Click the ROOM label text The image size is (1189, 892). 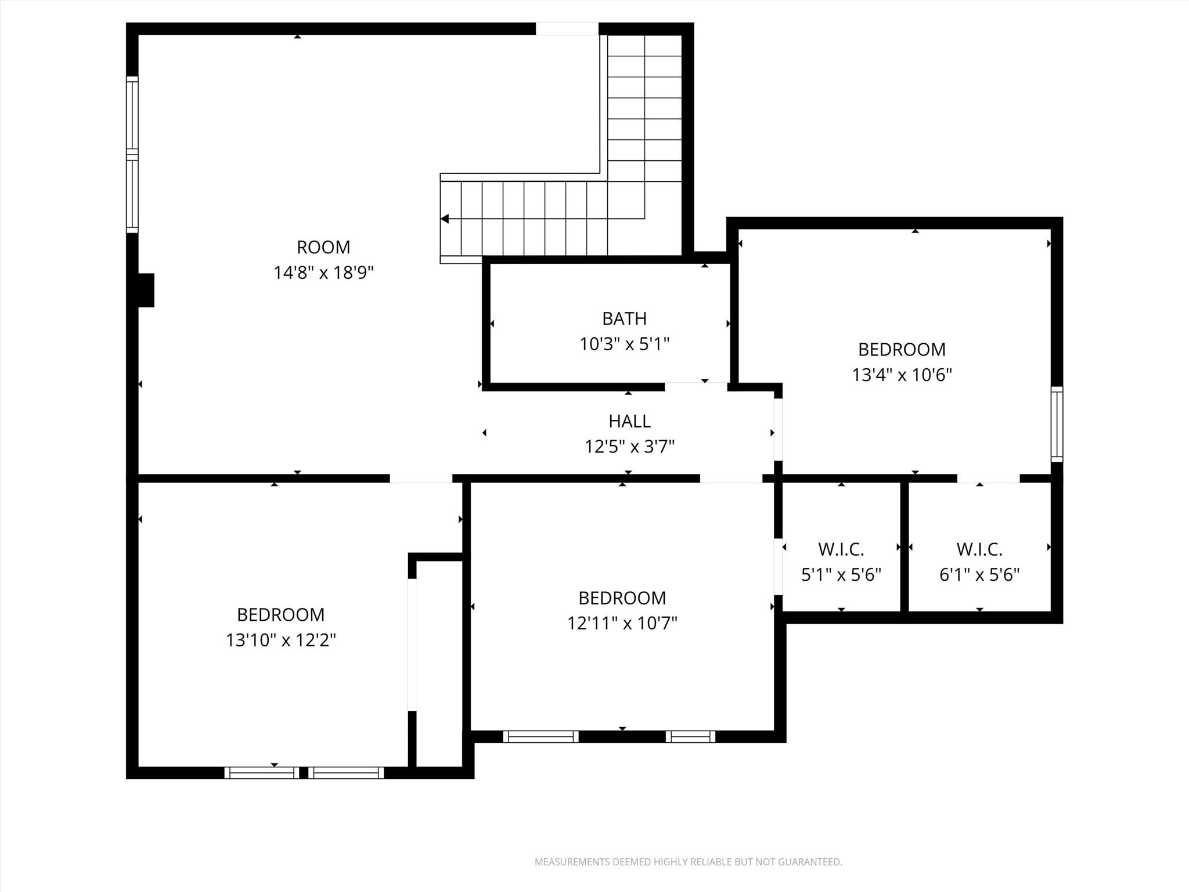(323, 247)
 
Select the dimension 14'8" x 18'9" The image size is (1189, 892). (323, 272)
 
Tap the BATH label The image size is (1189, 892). (624, 319)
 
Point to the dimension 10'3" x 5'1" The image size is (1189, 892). (624, 344)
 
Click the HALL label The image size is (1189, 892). (629, 421)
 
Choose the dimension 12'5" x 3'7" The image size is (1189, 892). (629, 447)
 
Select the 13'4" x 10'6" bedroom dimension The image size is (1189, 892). (902, 375)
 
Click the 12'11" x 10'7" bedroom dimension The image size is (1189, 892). (622, 623)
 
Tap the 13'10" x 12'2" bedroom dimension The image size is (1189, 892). (281, 640)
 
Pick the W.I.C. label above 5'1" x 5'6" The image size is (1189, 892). (841, 549)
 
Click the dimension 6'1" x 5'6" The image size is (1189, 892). (979, 575)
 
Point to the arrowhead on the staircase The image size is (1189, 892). (445, 219)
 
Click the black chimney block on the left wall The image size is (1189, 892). (145, 290)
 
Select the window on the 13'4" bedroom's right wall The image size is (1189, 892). (1057, 424)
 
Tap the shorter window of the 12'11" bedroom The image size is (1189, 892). (690, 736)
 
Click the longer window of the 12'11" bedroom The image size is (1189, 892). (541, 736)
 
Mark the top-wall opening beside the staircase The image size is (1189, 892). (567, 28)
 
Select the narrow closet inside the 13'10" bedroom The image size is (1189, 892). (439, 662)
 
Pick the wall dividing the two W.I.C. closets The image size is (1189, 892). (904, 546)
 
